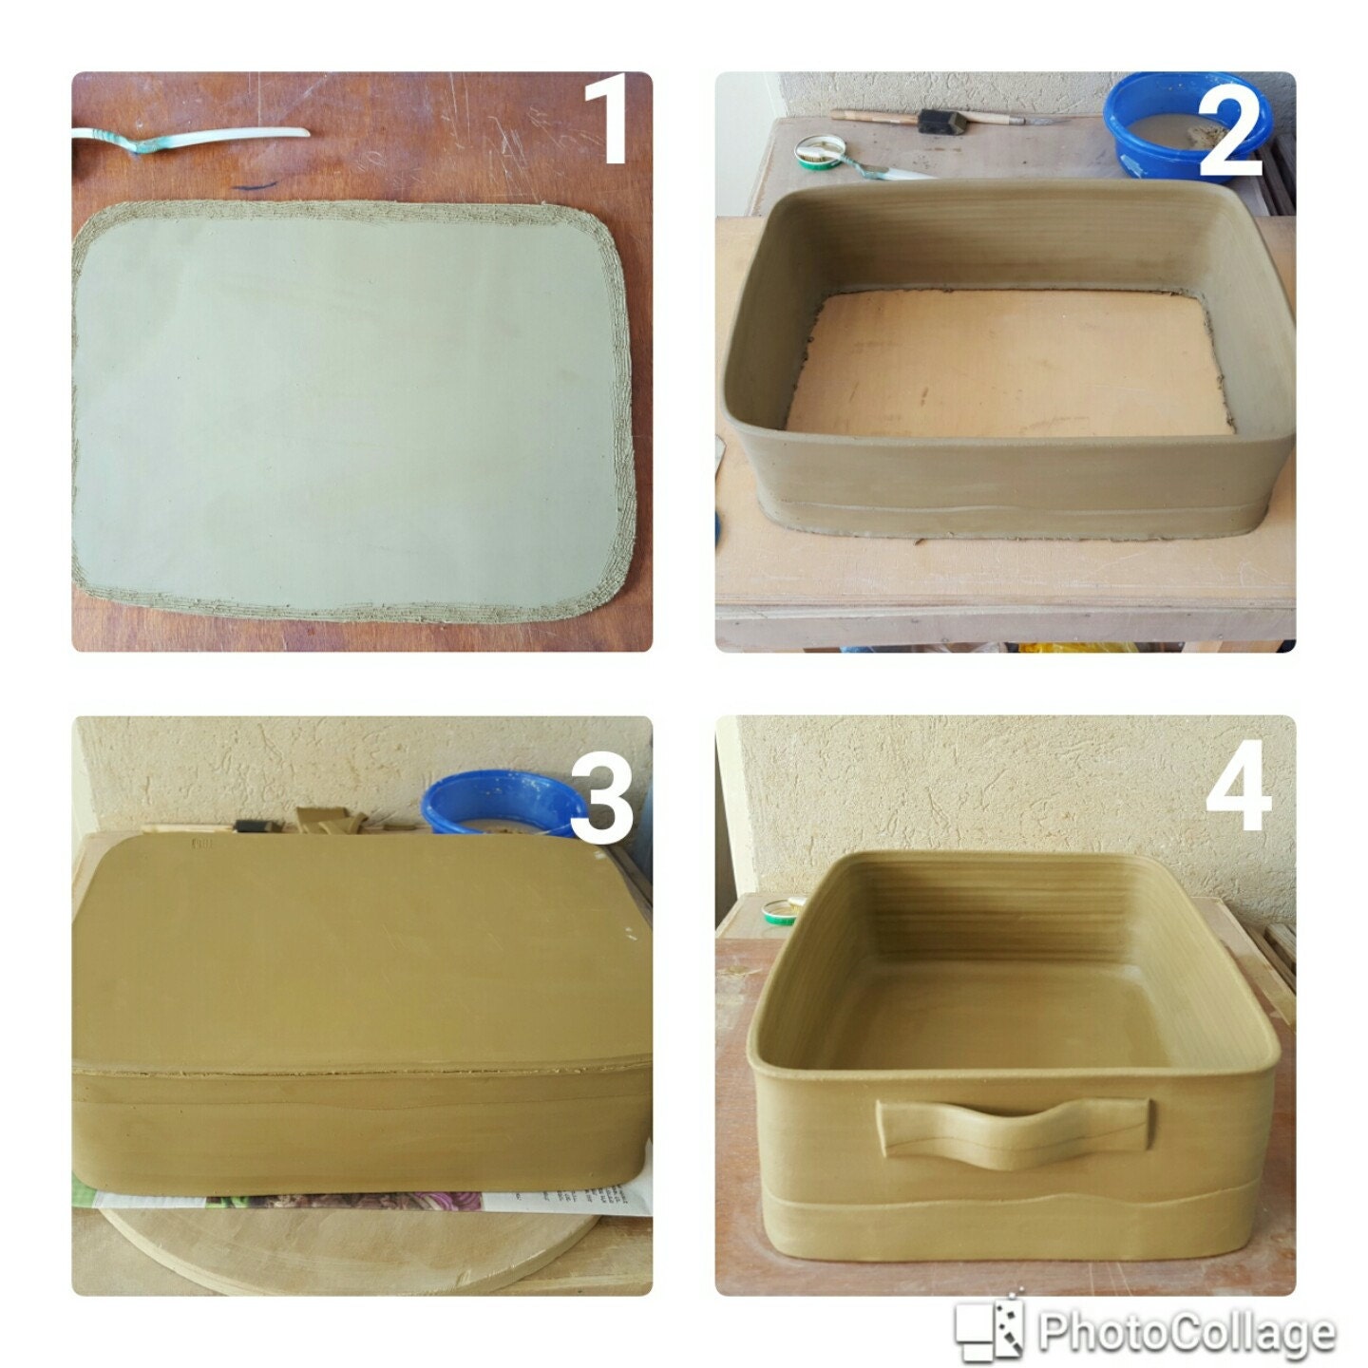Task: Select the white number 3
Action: coord(600,804)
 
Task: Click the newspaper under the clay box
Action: coord(380,1202)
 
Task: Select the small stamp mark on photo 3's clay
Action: coord(201,842)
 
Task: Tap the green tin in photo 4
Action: coord(781,909)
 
